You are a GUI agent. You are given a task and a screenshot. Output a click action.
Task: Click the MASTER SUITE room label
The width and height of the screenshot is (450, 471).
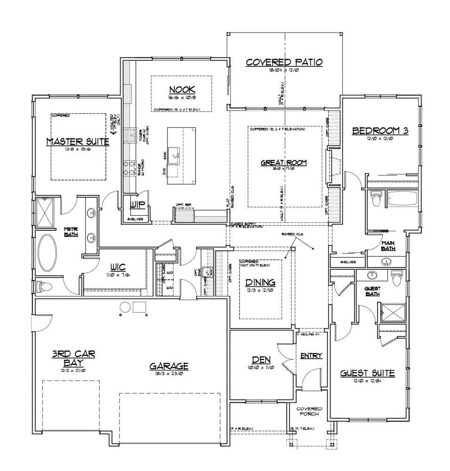click(78, 142)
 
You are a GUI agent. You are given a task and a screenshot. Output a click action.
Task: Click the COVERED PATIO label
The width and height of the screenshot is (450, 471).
click(284, 62)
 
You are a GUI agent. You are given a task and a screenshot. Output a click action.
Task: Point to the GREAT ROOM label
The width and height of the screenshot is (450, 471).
click(284, 163)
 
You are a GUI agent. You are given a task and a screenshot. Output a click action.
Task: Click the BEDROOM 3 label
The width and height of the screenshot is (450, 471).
click(380, 131)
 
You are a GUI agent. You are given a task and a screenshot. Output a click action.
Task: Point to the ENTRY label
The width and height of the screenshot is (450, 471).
click(311, 356)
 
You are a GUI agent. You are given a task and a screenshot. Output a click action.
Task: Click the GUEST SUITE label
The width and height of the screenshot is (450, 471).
click(367, 373)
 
